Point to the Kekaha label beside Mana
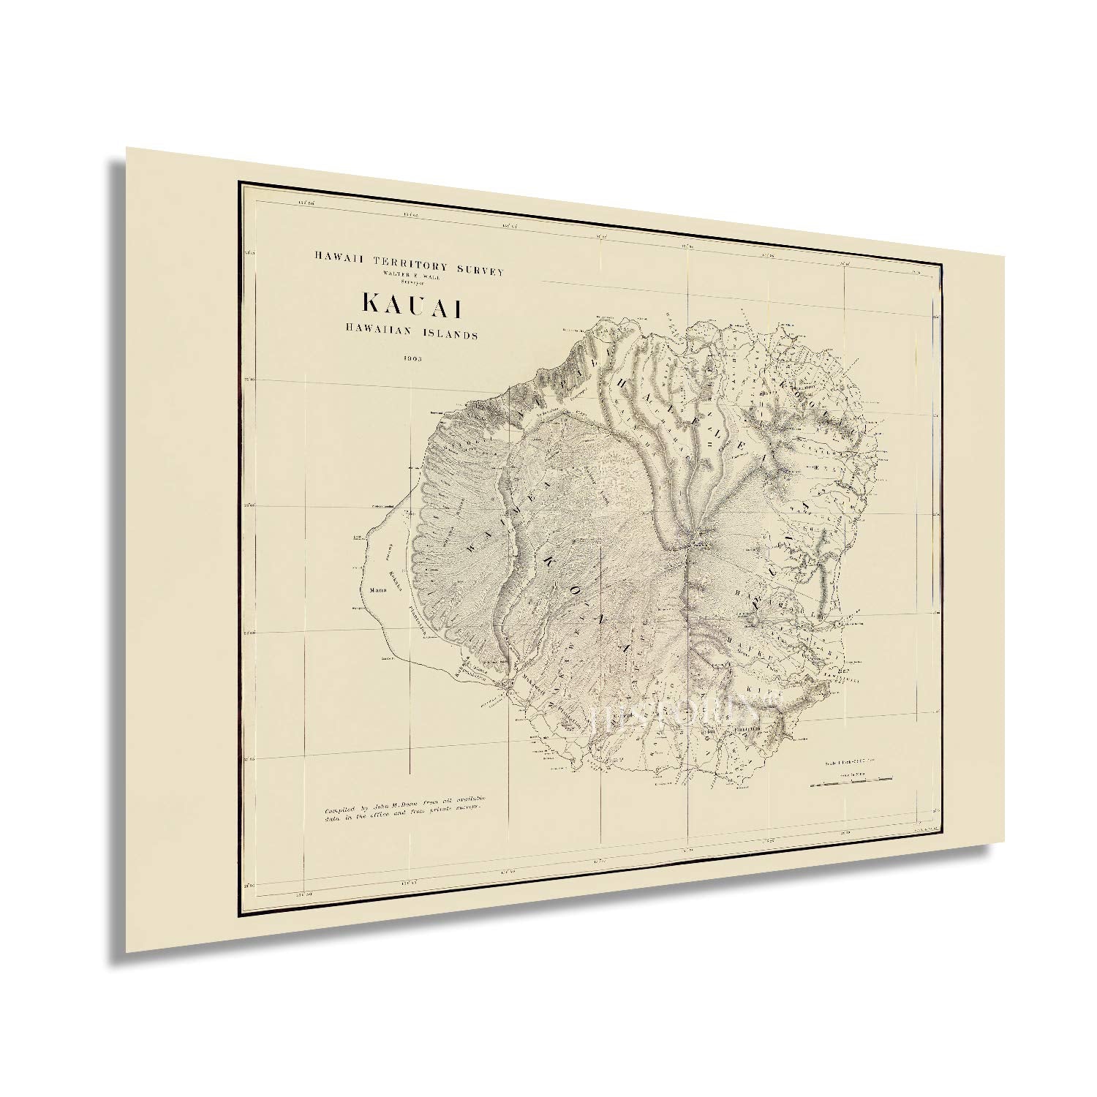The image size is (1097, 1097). click(x=395, y=570)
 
